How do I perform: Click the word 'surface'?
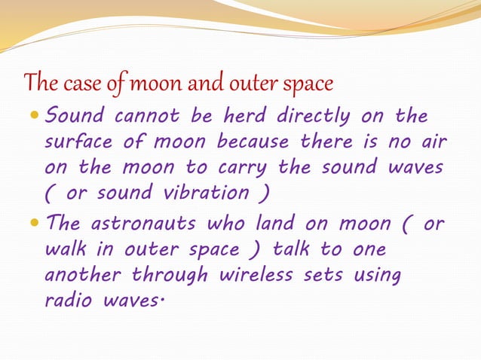(79, 142)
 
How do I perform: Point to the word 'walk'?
(67, 249)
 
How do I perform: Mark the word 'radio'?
(70, 300)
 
